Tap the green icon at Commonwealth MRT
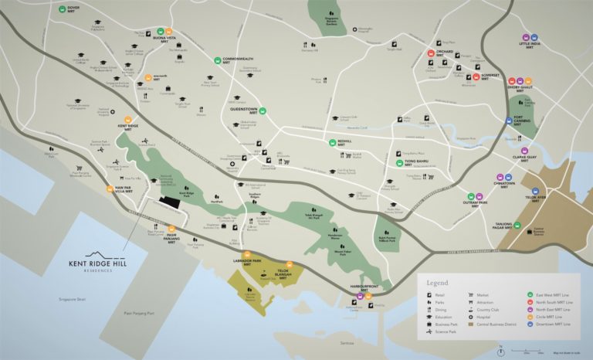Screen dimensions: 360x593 point(219,60)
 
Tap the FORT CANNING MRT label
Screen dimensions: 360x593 point(527,120)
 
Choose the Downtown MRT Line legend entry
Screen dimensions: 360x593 point(542,324)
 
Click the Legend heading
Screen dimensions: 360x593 point(437,284)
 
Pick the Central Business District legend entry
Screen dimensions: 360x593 point(499,324)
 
